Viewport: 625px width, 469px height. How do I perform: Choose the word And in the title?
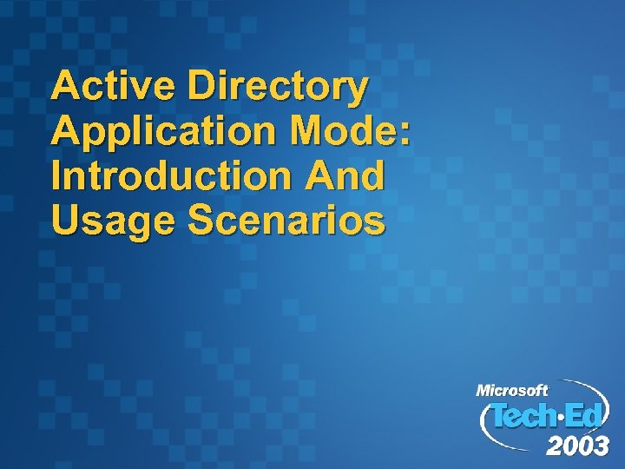pyautogui.click(x=345, y=176)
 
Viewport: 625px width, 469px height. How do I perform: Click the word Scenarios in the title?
pyautogui.click(x=287, y=221)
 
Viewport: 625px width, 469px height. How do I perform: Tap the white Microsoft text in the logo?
pyautogui.click(x=511, y=391)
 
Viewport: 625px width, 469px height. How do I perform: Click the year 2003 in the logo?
pyautogui.click(x=577, y=446)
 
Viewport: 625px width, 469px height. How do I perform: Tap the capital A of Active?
pyautogui.click(x=66, y=87)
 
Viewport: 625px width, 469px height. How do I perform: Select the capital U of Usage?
pyautogui.click(x=65, y=221)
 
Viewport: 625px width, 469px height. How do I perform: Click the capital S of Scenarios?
pyautogui.click(x=201, y=221)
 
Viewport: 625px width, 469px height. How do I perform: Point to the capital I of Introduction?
pyautogui.click(x=57, y=176)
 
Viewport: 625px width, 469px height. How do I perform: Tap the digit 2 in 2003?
pyautogui.click(x=555, y=446)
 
